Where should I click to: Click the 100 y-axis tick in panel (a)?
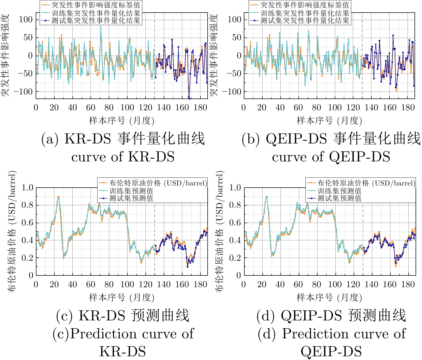[25, 20]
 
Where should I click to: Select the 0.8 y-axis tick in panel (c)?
[27, 205]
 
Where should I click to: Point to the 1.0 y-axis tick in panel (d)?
[235, 188]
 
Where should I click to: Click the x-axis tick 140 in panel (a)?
[164, 108]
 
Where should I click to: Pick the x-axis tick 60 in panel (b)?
[298, 108]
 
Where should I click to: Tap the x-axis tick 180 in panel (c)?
[200, 285]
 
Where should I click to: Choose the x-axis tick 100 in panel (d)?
[335, 285]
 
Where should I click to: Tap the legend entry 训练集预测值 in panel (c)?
[131, 191]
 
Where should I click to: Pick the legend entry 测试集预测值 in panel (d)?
[339, 198]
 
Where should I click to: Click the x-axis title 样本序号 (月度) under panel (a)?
[122, 121]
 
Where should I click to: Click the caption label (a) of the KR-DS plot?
[50, 139]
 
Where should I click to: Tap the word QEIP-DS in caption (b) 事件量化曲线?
[296, 139]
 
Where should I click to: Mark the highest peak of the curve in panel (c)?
[59, 197]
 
